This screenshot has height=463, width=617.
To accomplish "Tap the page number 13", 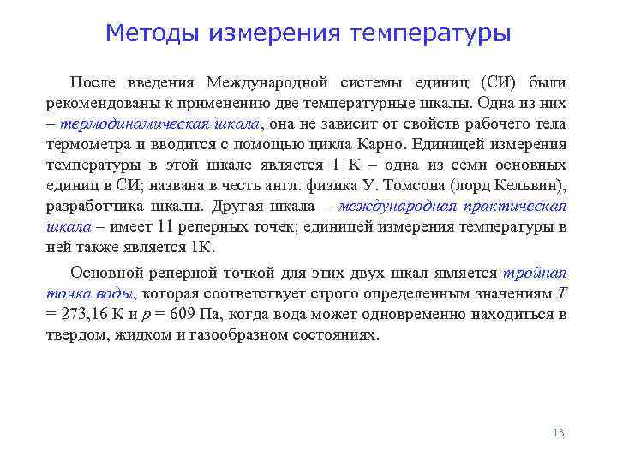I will (559, 433).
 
